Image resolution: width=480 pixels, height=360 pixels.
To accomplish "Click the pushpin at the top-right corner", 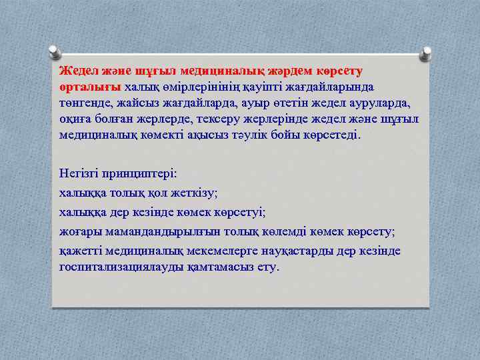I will [x=426, y=52].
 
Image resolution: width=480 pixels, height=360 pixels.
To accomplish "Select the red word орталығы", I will [x=89, y=87].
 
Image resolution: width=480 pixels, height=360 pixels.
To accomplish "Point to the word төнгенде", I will [x=85, y=103].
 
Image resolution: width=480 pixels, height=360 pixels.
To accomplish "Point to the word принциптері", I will [x=141, y=172].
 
